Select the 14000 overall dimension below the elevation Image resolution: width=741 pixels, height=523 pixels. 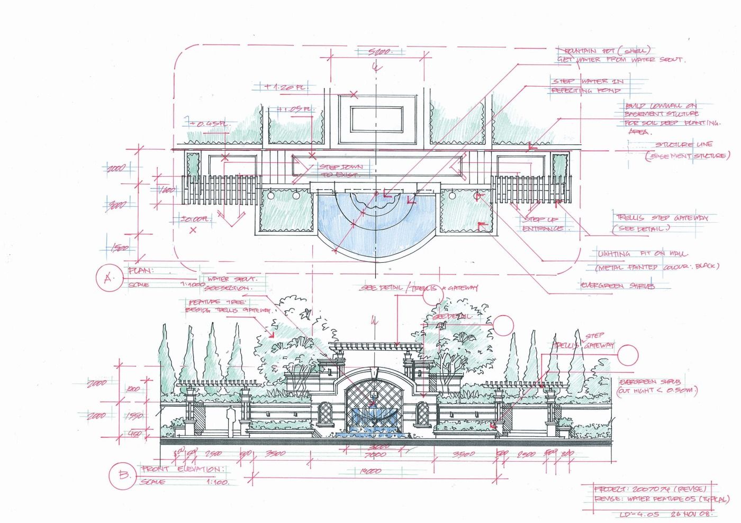(x=369, y=471)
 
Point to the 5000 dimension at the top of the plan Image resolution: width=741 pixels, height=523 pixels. (x=380, y=51)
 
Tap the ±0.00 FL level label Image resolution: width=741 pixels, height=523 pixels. (x=195, y=218)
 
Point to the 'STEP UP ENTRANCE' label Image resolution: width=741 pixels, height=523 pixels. (x=542, y=224)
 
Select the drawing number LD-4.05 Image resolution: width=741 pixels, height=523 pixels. (x=639, y=514)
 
